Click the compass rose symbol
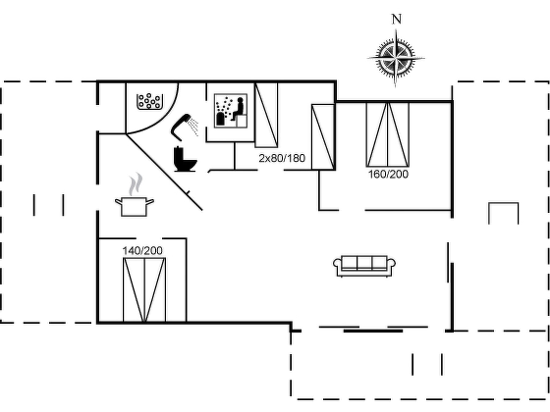click(396, 58)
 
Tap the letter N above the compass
click(397, 19)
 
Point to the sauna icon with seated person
click(231, 111)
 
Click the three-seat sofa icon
click(364, 266)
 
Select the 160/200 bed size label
click(388, 174)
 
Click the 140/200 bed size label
click(142, 251)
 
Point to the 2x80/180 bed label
click(282, 158)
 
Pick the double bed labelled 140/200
click(144, 290)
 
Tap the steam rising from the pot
click(135, 184)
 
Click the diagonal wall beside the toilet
click(164, 172)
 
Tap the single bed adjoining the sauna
click(266, 115)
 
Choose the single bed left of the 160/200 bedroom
click(323, 137)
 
